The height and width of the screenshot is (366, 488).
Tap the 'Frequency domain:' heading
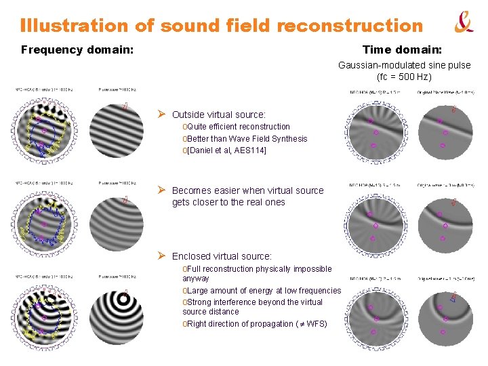click(77, 49)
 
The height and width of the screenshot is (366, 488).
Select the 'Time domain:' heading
click(402, 49)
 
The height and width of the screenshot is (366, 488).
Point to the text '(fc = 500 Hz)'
click(404, 77)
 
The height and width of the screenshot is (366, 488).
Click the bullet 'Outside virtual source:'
click(218, 115)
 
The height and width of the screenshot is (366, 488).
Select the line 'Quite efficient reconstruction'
click(238, 127)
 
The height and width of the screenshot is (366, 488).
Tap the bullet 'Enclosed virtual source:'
click(222, 256)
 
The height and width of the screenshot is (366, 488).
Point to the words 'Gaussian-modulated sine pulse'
click(404, 66)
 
